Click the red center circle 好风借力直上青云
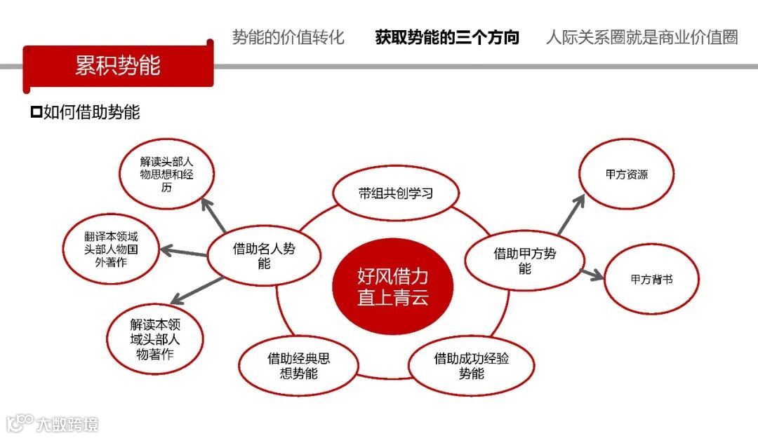tap(392, 287)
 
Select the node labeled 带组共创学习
tap(395, 193)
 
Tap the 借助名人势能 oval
tap(264, 256)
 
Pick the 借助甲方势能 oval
tap(524, 261)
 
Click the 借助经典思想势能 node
tap(298, 366)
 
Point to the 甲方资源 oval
tap(626, 174)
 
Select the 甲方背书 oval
tap(651, 279)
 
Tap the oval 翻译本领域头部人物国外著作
tap(111, 248)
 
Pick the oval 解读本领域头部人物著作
tap(155, 339)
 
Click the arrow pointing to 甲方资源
tap(571, 214)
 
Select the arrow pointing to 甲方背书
tap(592, 274)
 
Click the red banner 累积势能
tap(118, 66)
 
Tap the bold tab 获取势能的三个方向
tap(447, 37)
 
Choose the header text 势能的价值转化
tap(288, 37)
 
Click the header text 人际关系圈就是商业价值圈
tap(641, 37)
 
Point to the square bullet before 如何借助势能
tap(36, 112)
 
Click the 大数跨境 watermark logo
tap(53, 423)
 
